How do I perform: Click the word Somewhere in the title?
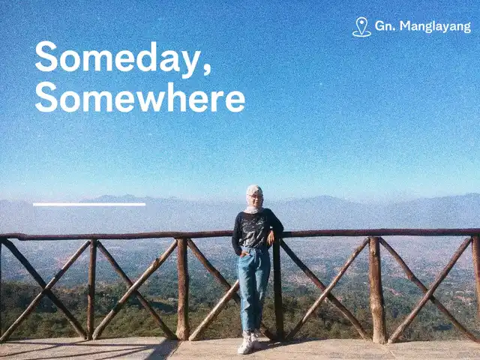point(140,97)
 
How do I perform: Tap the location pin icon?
point(361,27)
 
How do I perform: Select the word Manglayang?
point(435,27)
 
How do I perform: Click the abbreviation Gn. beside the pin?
point(385,25)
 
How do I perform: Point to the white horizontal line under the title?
point(89,204)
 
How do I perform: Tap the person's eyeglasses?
point(255,196)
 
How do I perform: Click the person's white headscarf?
point(254,199)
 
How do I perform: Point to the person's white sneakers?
point(250,343)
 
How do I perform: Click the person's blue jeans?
point(253,289)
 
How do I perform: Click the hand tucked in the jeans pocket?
point(244,253)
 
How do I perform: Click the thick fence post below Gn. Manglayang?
point(376,289)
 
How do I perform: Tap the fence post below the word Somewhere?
point(183,289)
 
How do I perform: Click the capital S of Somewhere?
point(46,97)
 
